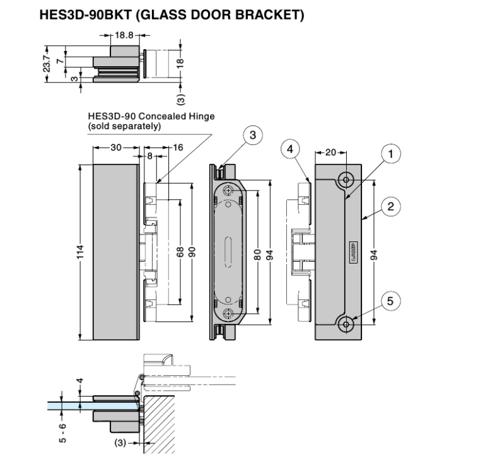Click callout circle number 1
coord(391,153)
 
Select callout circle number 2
coord(391,206)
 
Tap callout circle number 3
coord(252,135)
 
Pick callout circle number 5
coord(390,301)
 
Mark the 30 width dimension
coord(115,148)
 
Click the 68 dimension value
coord(180,251)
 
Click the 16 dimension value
coord(177,148)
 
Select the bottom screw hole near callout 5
coord(346,324)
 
